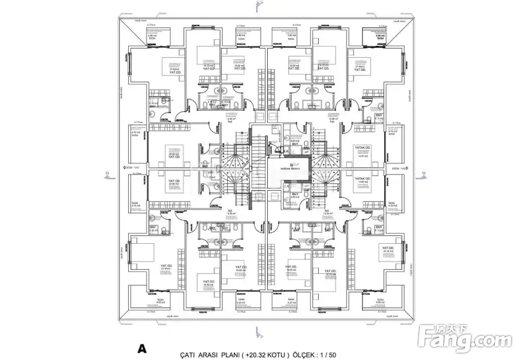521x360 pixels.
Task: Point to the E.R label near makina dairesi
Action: [286, 152]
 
